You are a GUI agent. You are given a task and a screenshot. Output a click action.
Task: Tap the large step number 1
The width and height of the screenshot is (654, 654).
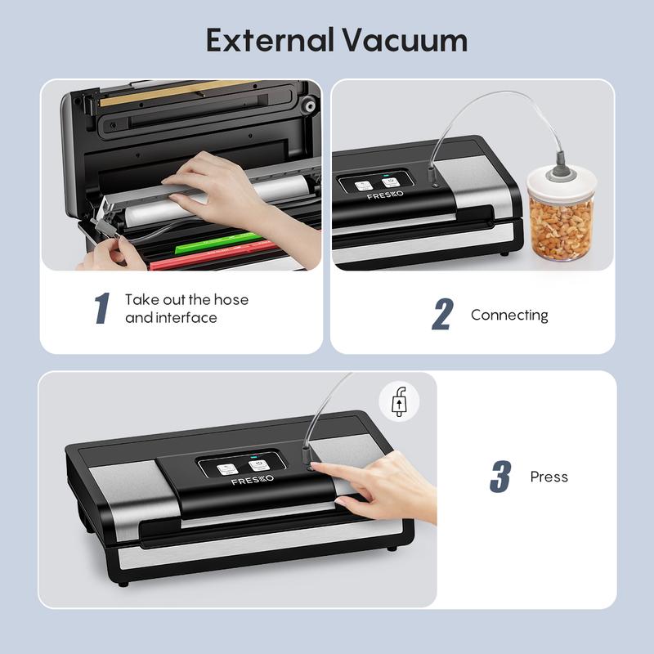(101, 308)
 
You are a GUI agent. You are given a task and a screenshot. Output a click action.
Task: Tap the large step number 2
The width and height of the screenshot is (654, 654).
(441, 315)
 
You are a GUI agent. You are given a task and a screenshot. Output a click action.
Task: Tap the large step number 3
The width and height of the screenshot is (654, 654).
(499, 477)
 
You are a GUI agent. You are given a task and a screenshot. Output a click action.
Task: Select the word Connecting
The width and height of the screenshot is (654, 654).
(509, 315)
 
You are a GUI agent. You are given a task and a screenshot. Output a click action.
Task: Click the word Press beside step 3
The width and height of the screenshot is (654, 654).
(549, 477)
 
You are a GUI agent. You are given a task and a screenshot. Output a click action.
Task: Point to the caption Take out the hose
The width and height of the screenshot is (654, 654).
(186, 299)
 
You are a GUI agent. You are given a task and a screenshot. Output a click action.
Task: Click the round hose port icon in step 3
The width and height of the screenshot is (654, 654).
(399, 402)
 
